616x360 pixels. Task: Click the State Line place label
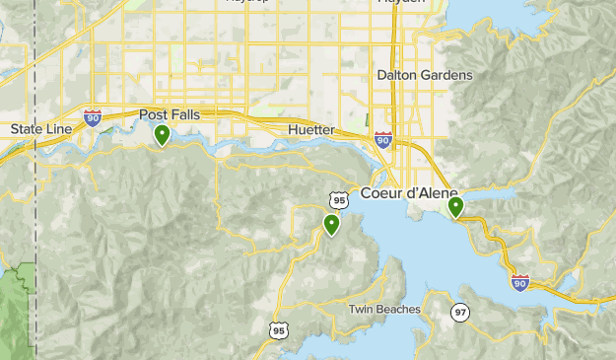point(40,129)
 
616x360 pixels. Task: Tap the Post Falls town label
point(170,114)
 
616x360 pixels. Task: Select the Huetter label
point(311,130)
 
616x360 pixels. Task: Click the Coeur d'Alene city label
point(409,193)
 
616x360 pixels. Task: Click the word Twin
point(362,310)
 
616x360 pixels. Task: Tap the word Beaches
point(398,310)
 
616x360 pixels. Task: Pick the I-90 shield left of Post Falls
point(93,117)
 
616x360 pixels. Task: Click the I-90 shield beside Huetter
point(383,140)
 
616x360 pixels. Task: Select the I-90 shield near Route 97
point(520,282)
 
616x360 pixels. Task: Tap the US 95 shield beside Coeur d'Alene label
point(340,200)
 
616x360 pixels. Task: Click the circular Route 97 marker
point(460,312)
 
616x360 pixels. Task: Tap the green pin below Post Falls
point(162,134)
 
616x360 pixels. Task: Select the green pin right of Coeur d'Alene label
point(455,207)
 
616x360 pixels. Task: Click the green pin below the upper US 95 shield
point(332,225)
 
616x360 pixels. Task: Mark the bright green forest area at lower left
point(18,296)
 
